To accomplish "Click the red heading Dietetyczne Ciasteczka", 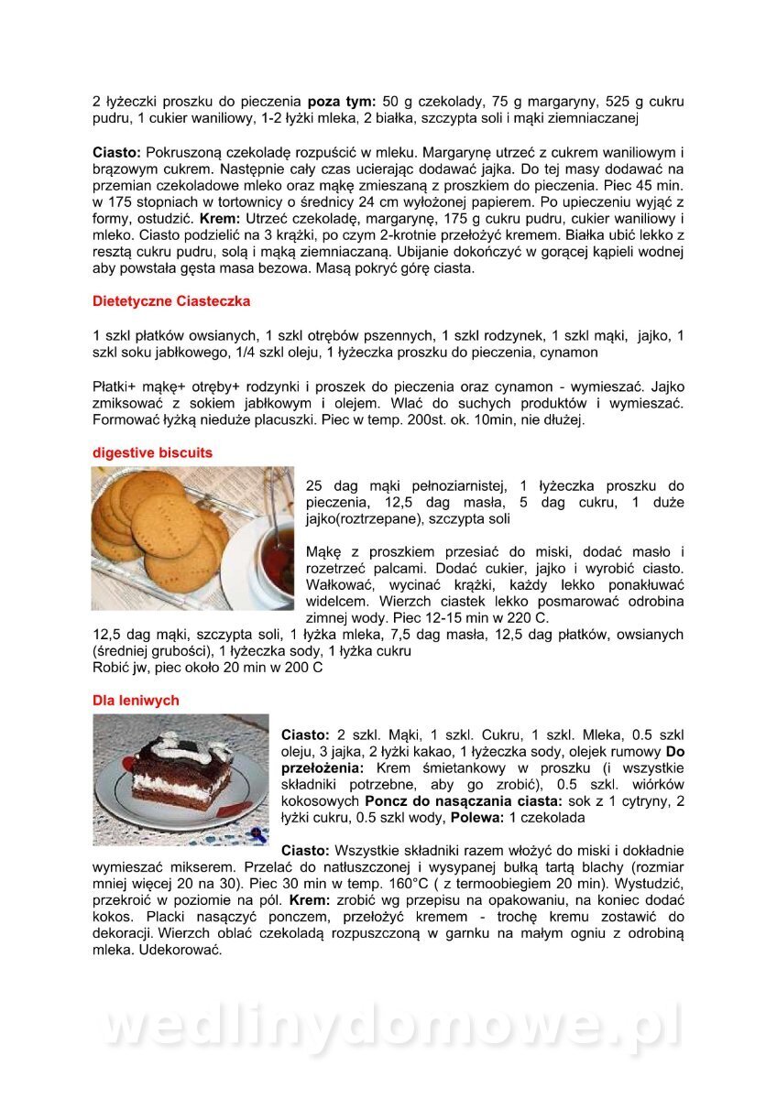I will pos(171,300).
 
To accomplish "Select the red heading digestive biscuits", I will pos(152,452).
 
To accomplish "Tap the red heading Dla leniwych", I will pos(136,701).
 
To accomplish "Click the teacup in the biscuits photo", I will pos(266,559).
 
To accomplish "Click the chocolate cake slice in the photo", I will pos(180,775).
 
